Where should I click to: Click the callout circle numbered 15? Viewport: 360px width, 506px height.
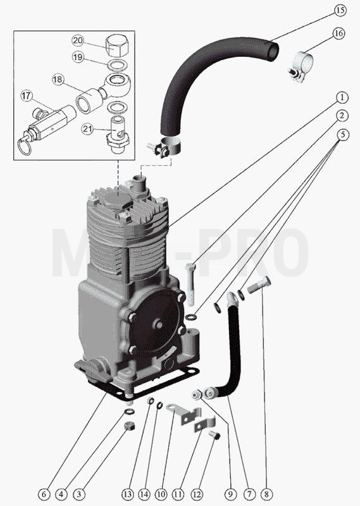coord(340,10)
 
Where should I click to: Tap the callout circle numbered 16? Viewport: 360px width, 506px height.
coord(338,34)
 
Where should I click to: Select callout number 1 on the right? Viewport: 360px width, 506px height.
coord(342,97)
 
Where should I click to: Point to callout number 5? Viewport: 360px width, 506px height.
coord(343,135)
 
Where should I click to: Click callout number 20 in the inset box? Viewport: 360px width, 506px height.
coord(77,40)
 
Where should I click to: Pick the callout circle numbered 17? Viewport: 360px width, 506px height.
coord(27,96)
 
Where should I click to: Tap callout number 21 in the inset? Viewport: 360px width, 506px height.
coord(87,130)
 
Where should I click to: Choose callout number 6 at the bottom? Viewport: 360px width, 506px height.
coord(44,494)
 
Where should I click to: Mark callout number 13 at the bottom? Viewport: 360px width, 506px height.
coord(128,494)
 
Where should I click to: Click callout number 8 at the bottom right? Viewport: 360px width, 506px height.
coord(266,494)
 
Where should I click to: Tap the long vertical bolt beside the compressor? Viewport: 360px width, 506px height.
coord(190,284)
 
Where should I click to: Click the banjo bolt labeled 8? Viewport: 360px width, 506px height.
coord(259,285)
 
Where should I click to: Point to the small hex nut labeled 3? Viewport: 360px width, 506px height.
coord(129,426)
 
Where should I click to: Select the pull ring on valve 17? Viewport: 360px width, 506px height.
coord(24,147)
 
